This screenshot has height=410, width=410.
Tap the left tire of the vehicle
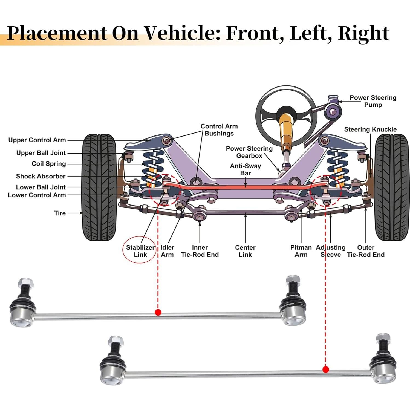(100, 187)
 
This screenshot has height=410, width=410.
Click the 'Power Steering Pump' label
(373, 101)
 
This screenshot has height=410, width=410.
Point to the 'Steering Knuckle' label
(370, 129)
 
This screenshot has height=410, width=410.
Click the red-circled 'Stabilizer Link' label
(140, 251)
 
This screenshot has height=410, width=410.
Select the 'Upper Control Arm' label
(37, 140)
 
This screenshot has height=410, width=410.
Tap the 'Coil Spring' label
(49, 164)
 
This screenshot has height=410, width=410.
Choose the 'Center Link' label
(245, 251)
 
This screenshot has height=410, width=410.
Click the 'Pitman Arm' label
(301, 251)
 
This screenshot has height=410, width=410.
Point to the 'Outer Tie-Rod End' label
(366, 251)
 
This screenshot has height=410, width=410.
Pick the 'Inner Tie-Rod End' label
(200, 251)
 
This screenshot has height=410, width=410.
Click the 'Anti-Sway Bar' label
(246, 169)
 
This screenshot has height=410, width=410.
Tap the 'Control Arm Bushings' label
(219, 130)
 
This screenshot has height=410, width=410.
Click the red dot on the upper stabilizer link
(158, 312)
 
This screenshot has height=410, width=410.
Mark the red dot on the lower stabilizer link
(325, 370)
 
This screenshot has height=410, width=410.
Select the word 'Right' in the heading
(363, 33)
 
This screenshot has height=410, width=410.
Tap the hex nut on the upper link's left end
(25, 282)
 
